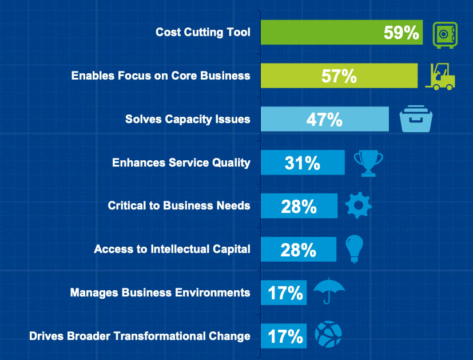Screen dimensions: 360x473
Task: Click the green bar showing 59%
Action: (341, 32)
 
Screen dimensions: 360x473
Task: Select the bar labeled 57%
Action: (339, 76)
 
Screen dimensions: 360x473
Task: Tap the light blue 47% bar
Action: (324, 119)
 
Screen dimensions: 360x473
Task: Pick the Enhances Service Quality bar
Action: (303, 163)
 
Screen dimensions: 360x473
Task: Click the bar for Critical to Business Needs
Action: (299, 206)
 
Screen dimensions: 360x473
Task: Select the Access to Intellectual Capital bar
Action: (298, 249)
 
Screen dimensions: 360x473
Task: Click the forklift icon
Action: (440, 76)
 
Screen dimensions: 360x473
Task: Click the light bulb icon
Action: (355, 248)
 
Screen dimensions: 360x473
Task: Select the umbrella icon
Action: (329, 291)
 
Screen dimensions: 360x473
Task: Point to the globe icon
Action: (328, 335)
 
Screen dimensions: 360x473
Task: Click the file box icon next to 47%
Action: (416, 119)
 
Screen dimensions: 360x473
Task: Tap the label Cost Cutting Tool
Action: (202, 32)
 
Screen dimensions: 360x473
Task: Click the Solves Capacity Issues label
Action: (188, 119)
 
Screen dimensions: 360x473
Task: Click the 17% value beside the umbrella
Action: (285, 293)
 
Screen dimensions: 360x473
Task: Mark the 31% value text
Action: (302, 163)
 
